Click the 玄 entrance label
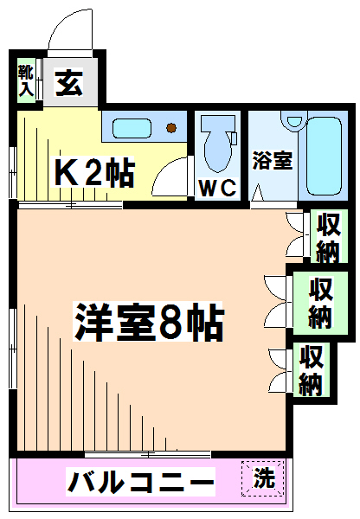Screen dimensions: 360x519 point(69,83)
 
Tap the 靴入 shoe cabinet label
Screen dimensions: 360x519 point(26,80)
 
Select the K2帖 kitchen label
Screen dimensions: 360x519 point(94,172)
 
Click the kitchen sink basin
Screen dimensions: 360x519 point(132,128)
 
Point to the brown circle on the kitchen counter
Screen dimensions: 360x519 point(171,128)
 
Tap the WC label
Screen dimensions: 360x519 point(217,189)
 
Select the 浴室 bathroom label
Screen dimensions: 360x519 point(273,161)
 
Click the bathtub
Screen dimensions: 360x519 point(324,156)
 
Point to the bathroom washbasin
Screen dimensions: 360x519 point(294,120)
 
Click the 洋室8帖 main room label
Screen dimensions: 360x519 point(149,322)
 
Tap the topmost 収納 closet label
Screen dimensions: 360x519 point(329,238)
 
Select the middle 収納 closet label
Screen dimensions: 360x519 point(320,303)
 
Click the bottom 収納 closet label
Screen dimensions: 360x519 point(312,370)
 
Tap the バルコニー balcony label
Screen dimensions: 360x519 point(141,482)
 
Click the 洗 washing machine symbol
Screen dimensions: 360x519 point(263,478)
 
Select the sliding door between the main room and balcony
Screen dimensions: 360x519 point(148,454)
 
